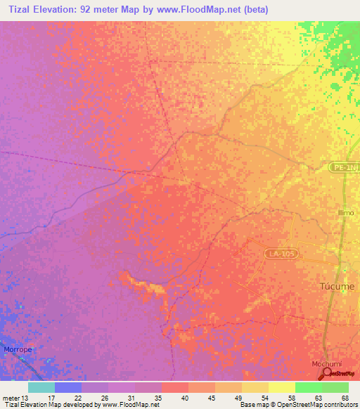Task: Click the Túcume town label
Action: [337, 286]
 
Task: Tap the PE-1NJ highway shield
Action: [345, 167]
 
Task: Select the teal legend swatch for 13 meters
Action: [41, 387]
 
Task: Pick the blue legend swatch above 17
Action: [67, 387]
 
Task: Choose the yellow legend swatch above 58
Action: [281, 387]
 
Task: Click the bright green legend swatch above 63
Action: [308, 387]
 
